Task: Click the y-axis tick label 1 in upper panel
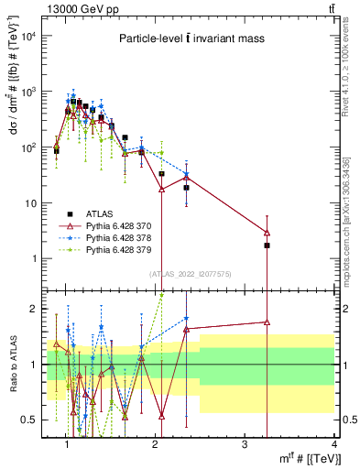pos(33,258)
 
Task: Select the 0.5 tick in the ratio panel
pos(29,420)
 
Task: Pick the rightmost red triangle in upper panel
pos(267,232)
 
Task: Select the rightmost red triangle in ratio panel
pos(267,322)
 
